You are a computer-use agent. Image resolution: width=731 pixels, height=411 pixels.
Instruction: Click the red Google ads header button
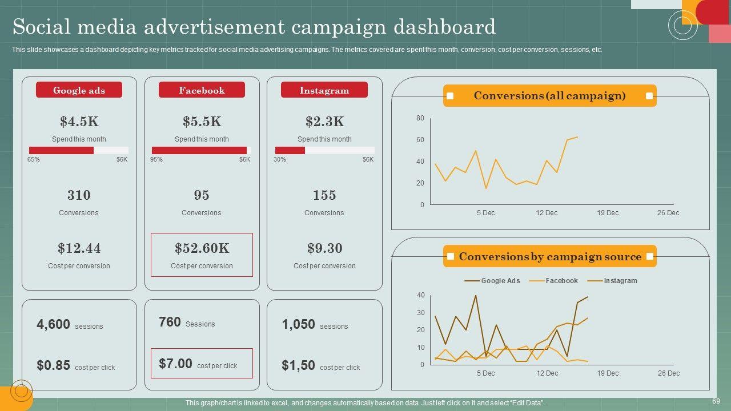click(79, 90)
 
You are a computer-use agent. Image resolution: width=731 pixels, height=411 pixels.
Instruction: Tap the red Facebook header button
click(202, 90)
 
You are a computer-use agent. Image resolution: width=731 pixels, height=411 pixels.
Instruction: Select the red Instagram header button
click(324, 90)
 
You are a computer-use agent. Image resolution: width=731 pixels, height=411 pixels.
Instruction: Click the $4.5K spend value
click(79, 122)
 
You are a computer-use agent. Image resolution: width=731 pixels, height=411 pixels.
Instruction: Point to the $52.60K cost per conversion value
click(202, 248)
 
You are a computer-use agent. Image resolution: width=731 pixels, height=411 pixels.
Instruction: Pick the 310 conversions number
click(79, 195)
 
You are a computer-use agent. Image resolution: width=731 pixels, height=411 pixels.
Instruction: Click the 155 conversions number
click(324, 195)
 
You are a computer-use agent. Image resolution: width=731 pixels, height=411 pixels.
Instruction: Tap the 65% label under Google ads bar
click(34, 160)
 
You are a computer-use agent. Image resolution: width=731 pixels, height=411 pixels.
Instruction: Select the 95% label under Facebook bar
click(156, 160)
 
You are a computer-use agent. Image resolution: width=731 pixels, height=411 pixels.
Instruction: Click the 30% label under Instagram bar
click(280, 160)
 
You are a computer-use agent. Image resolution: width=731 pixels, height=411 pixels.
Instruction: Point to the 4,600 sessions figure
click(53, 324)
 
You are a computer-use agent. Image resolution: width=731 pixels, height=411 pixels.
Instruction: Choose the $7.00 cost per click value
click(175, 364)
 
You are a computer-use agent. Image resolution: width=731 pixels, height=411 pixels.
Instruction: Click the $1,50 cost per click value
click(298, 365)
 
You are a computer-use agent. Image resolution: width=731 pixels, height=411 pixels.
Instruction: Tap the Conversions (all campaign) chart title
click(549, 96)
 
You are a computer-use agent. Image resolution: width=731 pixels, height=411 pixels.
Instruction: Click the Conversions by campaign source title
click(549, 257)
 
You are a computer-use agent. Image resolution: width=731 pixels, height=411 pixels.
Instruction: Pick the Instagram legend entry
click(620, 281)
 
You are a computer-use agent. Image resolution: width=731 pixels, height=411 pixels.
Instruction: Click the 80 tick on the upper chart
click(420, 118)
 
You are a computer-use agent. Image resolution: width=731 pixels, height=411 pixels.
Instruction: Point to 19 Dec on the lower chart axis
click(608, 373)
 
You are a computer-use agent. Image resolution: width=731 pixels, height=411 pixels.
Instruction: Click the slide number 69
click(716, 401)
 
